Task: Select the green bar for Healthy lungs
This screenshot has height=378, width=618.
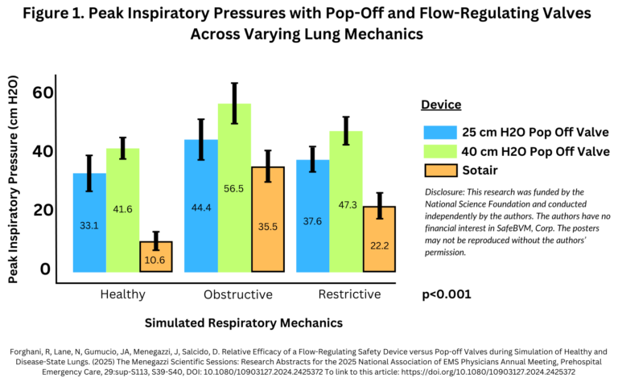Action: pos(123,210)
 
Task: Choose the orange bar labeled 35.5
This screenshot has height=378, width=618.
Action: pos(268,220)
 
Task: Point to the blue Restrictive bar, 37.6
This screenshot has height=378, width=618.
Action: pos(313,216)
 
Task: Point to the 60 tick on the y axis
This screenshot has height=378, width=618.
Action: pos(43,92)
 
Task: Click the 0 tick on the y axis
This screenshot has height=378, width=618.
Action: pos(47,269)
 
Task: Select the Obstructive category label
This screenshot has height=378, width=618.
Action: pos(238,294)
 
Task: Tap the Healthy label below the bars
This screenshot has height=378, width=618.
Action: pos(123,294)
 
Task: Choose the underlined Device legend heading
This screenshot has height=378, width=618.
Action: pos(441,105)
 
